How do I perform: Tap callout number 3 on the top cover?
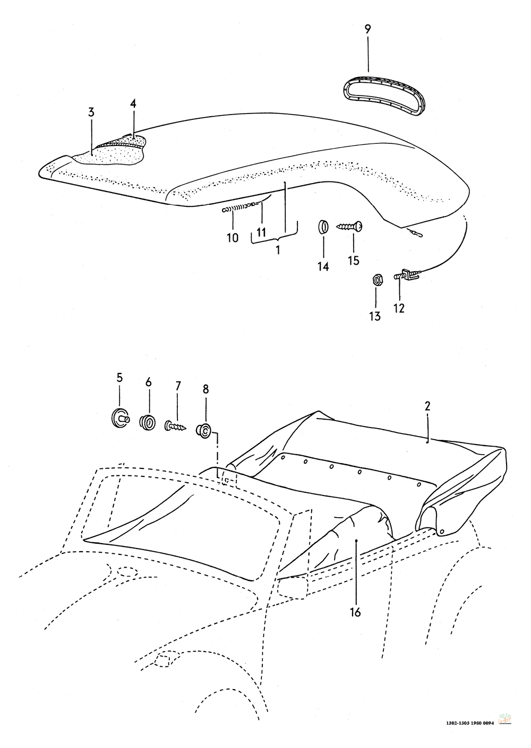pyautogui.click(x=91, y=112)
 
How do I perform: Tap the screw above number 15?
pyautogui.click(x=350, y=227)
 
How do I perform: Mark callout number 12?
pyautogui.click(x=399, y=308)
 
